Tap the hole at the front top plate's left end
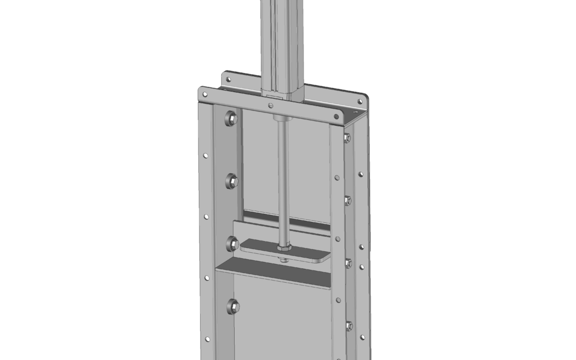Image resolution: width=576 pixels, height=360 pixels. point(204,94)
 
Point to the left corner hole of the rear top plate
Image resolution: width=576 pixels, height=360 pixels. point(228,79)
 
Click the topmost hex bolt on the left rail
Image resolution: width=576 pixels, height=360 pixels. point(231,118)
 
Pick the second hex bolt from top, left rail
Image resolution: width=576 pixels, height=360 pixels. point(232,181)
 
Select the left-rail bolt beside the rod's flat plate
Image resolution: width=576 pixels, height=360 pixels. point(233,244)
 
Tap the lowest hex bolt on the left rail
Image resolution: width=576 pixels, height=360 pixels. point(233,306)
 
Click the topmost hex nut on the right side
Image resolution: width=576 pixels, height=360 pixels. point(347,138)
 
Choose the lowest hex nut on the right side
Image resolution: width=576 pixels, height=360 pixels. point(349,325)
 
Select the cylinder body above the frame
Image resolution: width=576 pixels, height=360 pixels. point(282,43)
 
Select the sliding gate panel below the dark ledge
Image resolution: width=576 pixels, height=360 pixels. point(277,320)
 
